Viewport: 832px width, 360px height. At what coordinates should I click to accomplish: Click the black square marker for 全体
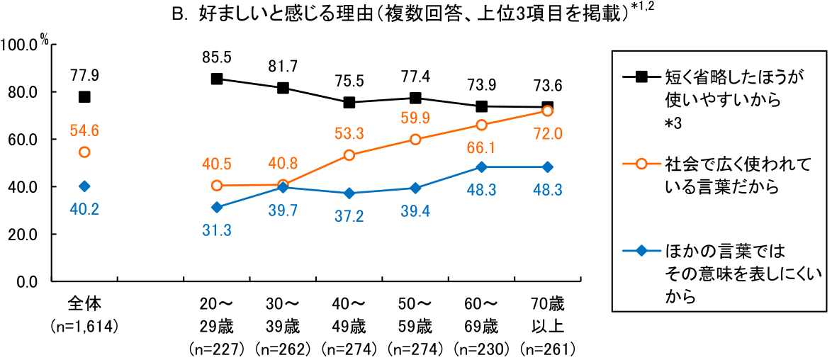(x=84, y=97)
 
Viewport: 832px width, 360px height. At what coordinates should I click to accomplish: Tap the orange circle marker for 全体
(x=84, y=152)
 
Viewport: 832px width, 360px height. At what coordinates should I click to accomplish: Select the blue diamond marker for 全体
(x=84, y=186)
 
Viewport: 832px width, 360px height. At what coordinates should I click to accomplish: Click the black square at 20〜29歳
(x=217, y=79)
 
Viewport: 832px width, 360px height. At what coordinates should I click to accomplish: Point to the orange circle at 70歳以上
(x=547, y=111)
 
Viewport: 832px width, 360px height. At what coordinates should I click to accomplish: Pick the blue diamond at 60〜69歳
(x=481, y=167)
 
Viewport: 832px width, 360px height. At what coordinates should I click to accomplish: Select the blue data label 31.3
(x=217, y=230)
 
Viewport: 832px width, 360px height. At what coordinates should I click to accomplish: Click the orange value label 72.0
(x=547, y=133)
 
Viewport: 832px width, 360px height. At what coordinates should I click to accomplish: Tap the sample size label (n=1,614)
(x=84, y=327)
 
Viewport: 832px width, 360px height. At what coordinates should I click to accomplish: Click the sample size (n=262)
(x=283, y=349)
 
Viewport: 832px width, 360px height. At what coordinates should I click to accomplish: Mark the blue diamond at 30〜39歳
(x=283, y=187)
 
